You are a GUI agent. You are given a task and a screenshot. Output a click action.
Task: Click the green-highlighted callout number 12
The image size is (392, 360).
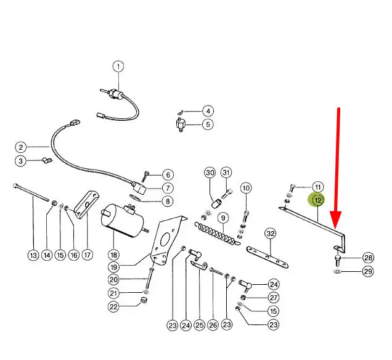click(318, 200)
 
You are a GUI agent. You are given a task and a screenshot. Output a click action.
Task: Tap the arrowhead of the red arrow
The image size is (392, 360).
click(335, 219)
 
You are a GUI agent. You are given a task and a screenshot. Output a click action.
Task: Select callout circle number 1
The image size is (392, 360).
click(118, 67)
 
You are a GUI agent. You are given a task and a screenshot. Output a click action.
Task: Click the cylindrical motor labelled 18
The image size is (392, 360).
click(123, 220)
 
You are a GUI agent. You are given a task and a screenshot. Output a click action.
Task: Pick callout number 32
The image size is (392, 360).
click(271, 234)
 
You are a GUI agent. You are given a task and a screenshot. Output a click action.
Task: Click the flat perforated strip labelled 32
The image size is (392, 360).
click(267, 257)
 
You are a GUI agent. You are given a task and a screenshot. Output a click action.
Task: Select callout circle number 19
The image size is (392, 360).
click(114, 267)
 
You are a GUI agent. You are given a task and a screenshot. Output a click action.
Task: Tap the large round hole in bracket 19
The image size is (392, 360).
click(165, 239)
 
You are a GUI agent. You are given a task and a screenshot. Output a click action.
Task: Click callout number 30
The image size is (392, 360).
click(210, 173)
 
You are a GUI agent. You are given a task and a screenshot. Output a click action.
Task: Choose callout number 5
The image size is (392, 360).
click(208, 125)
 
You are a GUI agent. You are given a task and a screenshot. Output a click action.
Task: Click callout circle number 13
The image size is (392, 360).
click(33, 255)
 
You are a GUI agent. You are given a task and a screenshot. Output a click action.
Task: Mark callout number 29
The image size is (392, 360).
click(368, 271)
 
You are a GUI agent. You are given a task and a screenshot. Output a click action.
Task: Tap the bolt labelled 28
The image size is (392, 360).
click(337, 261)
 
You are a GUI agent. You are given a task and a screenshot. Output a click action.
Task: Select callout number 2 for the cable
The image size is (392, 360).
click(21, 147)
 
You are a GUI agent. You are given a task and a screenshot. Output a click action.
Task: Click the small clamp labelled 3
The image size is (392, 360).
click(46, 160)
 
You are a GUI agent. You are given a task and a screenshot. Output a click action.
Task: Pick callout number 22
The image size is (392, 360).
click(114, 306)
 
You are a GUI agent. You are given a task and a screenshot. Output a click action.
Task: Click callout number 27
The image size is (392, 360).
click(274, 298)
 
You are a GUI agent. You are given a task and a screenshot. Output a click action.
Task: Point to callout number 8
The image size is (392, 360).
click(168, 201)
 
